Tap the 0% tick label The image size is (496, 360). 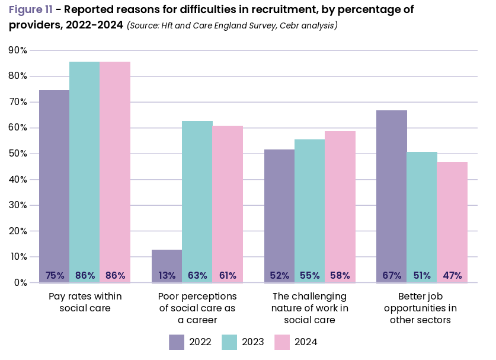click(20, 283)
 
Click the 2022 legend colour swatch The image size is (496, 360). click(177, 342)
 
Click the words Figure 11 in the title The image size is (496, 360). click(30, 10)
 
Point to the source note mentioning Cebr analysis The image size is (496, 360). click(232, 26)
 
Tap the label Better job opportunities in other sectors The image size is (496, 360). click(421, 308)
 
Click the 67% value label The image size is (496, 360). click(392, 276)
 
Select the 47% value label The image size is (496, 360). click(452, 276)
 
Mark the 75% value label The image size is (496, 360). click(55, 276)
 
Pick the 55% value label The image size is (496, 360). click(310, 276)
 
